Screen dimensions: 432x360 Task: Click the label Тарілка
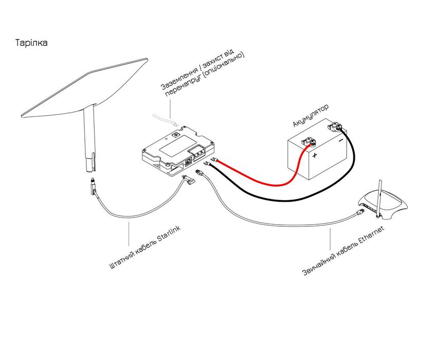point(31,43)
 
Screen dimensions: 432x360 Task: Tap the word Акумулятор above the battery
point(311,116)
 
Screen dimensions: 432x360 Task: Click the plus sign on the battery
point(315,155)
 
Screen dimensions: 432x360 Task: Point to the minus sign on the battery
point(341,140)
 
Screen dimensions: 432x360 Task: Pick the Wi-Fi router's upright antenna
point(380,198)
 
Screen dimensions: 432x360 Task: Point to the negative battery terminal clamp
point(335,127)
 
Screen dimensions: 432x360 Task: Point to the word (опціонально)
point(223,68)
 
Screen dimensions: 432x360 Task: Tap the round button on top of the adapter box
point(175,135)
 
